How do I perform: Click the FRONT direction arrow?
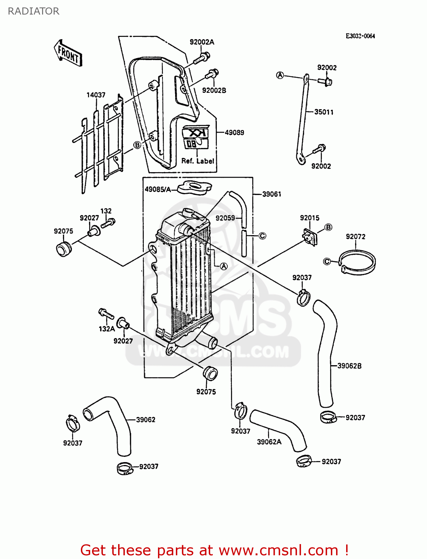click(68, 53)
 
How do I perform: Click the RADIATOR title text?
click(34, 11)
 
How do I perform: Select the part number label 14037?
click(96, 95)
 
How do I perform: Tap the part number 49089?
click(234, 132)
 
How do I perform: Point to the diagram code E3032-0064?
click(360, 36)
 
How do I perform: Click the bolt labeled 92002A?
click(202, 58)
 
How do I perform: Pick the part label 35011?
click(324, 112)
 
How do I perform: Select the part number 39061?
click(272, 194)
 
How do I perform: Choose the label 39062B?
click(349, 366)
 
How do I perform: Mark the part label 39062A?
click(269, 442)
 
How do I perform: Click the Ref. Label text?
click(197, 161)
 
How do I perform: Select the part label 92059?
click(225, 218)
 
